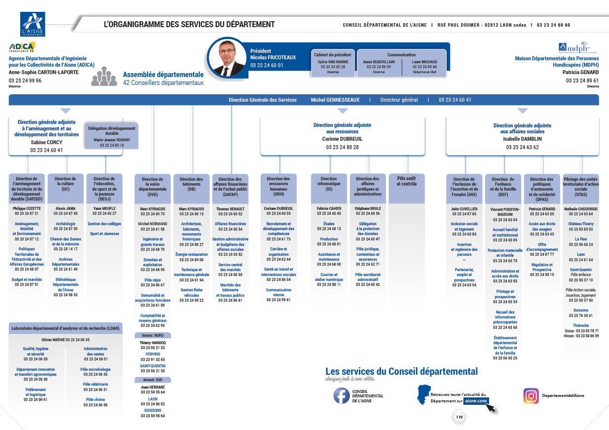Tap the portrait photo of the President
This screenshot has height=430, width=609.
(x=227, y=57)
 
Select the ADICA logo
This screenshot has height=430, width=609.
(x=22, y=47)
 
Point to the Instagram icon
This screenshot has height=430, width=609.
(x=531, y=395)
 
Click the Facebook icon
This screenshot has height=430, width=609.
(x=342, y=395)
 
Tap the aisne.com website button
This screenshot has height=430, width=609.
(x=476, y=401)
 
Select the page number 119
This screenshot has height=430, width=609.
(x=459, y=418)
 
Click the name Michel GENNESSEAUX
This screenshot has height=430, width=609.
(x=335, y=100)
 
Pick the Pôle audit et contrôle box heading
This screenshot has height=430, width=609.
(x=407, y=181)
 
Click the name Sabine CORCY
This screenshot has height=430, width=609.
(x=46, y=142)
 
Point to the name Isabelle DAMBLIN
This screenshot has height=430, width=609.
(x=522, y=139)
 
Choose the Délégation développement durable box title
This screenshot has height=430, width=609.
(x=112, y=131)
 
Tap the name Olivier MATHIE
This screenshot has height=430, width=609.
(x=53, y=340)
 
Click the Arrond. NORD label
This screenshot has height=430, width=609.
(x=153, y=335)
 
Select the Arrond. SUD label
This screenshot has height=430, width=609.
(x=153, y=380)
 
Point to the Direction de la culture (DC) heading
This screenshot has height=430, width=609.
(x=66, y=184)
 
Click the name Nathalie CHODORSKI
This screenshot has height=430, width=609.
(x=581, y=208)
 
